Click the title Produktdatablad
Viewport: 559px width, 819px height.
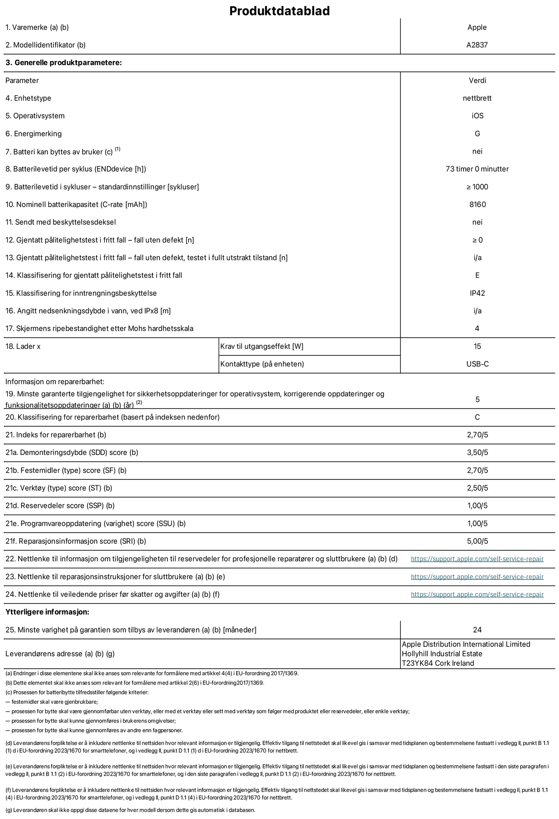tap(279, 11)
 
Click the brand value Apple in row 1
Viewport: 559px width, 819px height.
tap(477, 27)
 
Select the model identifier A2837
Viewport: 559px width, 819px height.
tap(477, 45)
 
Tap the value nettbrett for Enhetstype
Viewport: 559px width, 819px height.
tap(477, 98)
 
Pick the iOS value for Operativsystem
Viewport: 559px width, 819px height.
tap(477, 116)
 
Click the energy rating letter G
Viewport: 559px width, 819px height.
tap(477, 133)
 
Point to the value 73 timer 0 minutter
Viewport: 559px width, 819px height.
tap(477, 169)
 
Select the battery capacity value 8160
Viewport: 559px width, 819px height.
tap(477, 205)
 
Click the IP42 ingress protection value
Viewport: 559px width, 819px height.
tap(477, 293)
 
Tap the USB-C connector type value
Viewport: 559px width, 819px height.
tap(477, 364)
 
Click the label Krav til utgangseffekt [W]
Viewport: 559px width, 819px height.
tap(262, 346)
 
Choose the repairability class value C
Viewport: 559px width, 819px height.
tap(477, 417)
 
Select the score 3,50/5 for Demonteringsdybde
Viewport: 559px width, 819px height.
tap(477, 452)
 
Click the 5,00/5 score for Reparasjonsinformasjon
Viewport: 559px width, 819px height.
tap(477, 541)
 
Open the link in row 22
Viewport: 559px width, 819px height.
tap(477, 559)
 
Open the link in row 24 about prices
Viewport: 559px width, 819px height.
tap(477, 594)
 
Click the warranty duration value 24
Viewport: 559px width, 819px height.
tap(477, 630)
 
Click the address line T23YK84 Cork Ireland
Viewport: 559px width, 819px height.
tap(438, 663)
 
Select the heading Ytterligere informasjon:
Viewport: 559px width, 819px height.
tap(47, 612)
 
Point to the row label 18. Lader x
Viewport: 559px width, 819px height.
tap(23, 346)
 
